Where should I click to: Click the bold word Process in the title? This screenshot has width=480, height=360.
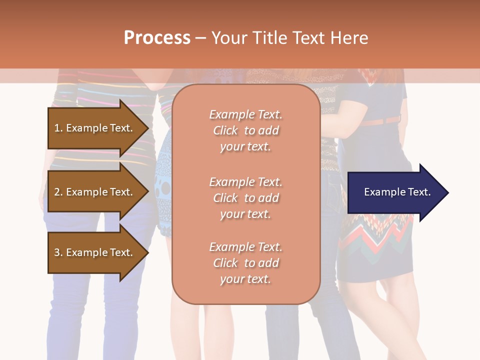[157, 37]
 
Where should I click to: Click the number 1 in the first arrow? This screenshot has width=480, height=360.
[57, 128]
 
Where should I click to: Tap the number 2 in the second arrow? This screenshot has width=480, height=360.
[57, 192]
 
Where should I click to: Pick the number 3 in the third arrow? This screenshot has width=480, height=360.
[57, 252]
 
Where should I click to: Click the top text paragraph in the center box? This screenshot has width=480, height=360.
[245, 130]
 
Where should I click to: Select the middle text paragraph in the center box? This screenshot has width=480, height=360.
[245, 198]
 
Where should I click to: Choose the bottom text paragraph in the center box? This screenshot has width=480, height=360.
[245, 263]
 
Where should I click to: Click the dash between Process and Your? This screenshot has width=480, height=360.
[200, 38]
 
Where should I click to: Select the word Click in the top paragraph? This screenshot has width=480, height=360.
[225, 130]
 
